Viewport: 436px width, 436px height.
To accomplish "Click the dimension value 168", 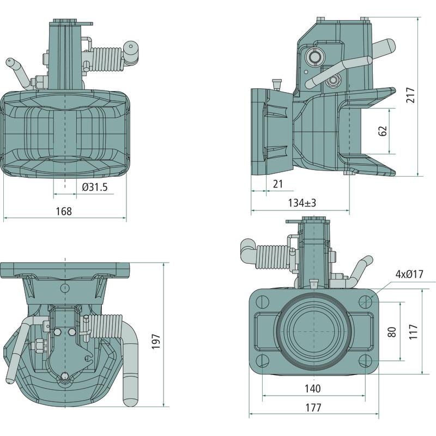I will pos(64,211).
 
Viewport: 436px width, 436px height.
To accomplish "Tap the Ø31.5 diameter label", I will pos(95,187).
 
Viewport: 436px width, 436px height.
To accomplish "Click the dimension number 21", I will pos(278,184).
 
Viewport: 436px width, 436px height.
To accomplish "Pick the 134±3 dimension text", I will pos(302,203).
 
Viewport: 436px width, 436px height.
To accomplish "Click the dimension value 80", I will pos(392,332).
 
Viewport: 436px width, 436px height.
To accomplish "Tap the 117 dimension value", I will pos(413,332).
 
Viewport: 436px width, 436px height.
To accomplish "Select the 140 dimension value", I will pos(312,388).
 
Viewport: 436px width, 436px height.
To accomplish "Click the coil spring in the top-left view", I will pos(107,59).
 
